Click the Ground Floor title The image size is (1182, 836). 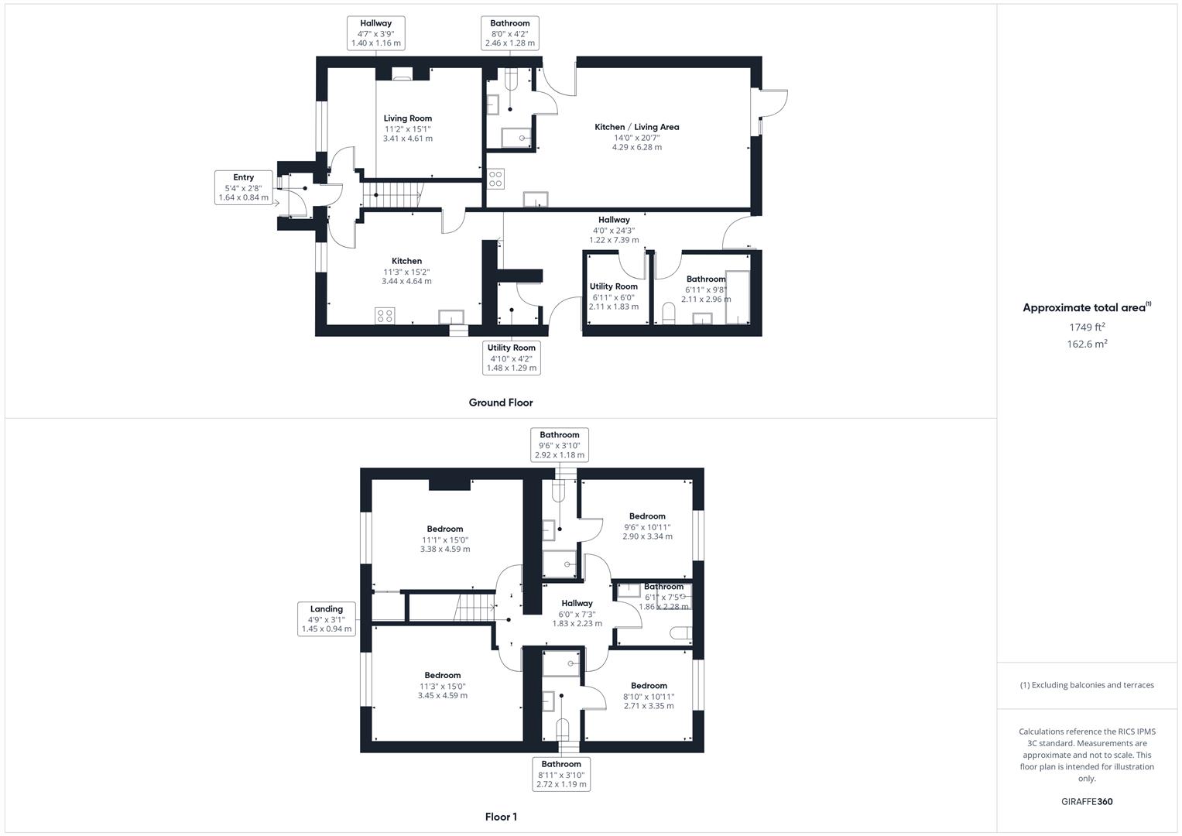click(501, 403)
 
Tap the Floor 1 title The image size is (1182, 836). click(501, 817)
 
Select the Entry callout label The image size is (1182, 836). click(243, 187)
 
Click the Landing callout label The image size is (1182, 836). click(327, 619)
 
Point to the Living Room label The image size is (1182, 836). click(408, 128)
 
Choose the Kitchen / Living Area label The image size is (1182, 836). click(636, 136)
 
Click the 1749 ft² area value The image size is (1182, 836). click(1087, 327)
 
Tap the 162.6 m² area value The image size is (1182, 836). click(1087, 344)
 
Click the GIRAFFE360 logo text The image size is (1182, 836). click(1087, 802)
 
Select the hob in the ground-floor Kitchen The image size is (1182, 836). click(385, 316)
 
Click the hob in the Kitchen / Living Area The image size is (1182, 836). click(495, 180)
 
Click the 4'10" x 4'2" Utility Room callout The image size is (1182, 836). click(511, 358)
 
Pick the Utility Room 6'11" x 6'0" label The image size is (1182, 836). click(614, 296)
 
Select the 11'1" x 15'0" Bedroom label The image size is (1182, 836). click(445, 539)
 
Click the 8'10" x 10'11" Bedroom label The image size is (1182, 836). click(649, 696)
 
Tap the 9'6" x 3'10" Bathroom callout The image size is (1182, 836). click(560, 445)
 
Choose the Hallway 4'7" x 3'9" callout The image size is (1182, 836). click(376, 33)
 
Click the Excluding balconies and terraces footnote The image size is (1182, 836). click(1087, 685)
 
